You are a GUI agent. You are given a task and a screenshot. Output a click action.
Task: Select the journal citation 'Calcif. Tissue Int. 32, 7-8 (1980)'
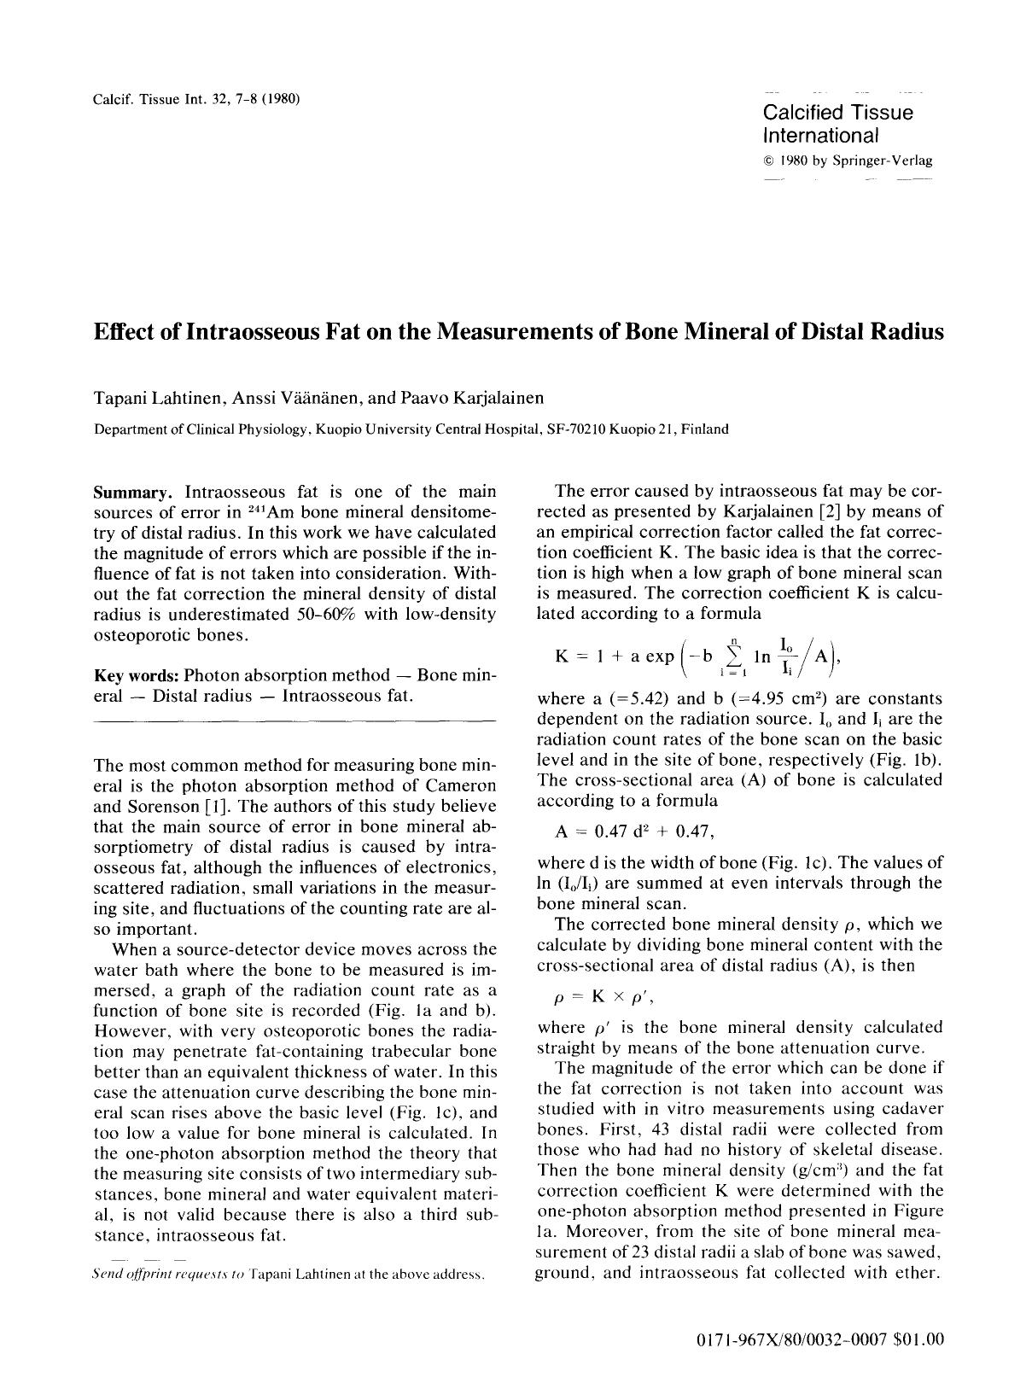pyautogui.click(x=195, y=98)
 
